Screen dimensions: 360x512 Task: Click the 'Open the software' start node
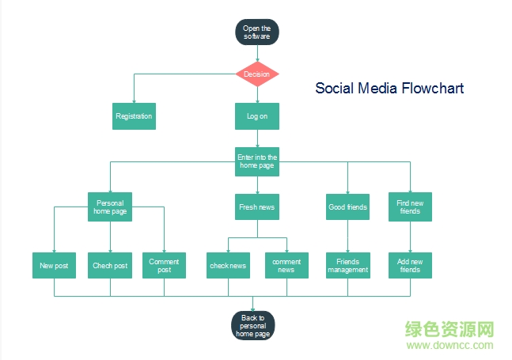coord(256,32)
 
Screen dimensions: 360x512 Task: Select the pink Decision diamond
coord(256,74)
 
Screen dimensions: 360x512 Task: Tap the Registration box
coord(134,116)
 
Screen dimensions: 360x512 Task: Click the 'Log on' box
coord(256,116)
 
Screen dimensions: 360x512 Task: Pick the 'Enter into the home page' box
coord(256,161)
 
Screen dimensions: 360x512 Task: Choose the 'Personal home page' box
coord(110,207)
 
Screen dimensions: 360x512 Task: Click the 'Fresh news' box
coord(256,207)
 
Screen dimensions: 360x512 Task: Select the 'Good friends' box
coord(347,207)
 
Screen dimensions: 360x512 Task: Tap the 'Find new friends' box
coord(410,207)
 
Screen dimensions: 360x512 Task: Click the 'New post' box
coord(54,266)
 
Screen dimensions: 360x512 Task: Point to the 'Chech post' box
coord(110,266)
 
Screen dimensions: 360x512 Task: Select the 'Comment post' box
coord(164,266)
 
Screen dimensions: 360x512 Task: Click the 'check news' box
coord(228,266)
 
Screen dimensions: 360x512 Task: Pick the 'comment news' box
coord(286,266)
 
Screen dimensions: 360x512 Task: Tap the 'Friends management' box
coord(347,266)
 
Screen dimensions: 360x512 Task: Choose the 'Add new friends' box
coord(410,266)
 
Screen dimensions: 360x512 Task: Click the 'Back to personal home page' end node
coord(253,325)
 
